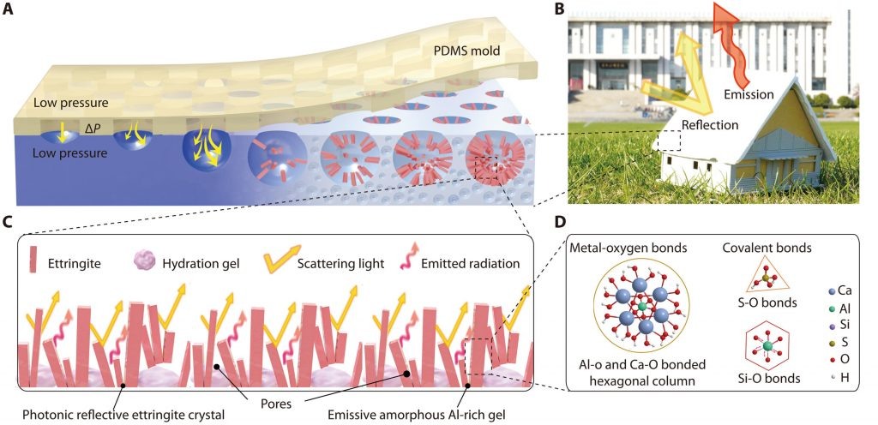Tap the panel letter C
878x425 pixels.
coord(9,221)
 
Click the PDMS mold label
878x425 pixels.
coord(467,53)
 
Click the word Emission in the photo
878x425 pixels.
coord(749,94)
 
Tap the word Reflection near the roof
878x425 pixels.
coord(709,125)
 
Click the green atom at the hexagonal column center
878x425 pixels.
coord(641,308)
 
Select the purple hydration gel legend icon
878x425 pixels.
coord(145,260)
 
